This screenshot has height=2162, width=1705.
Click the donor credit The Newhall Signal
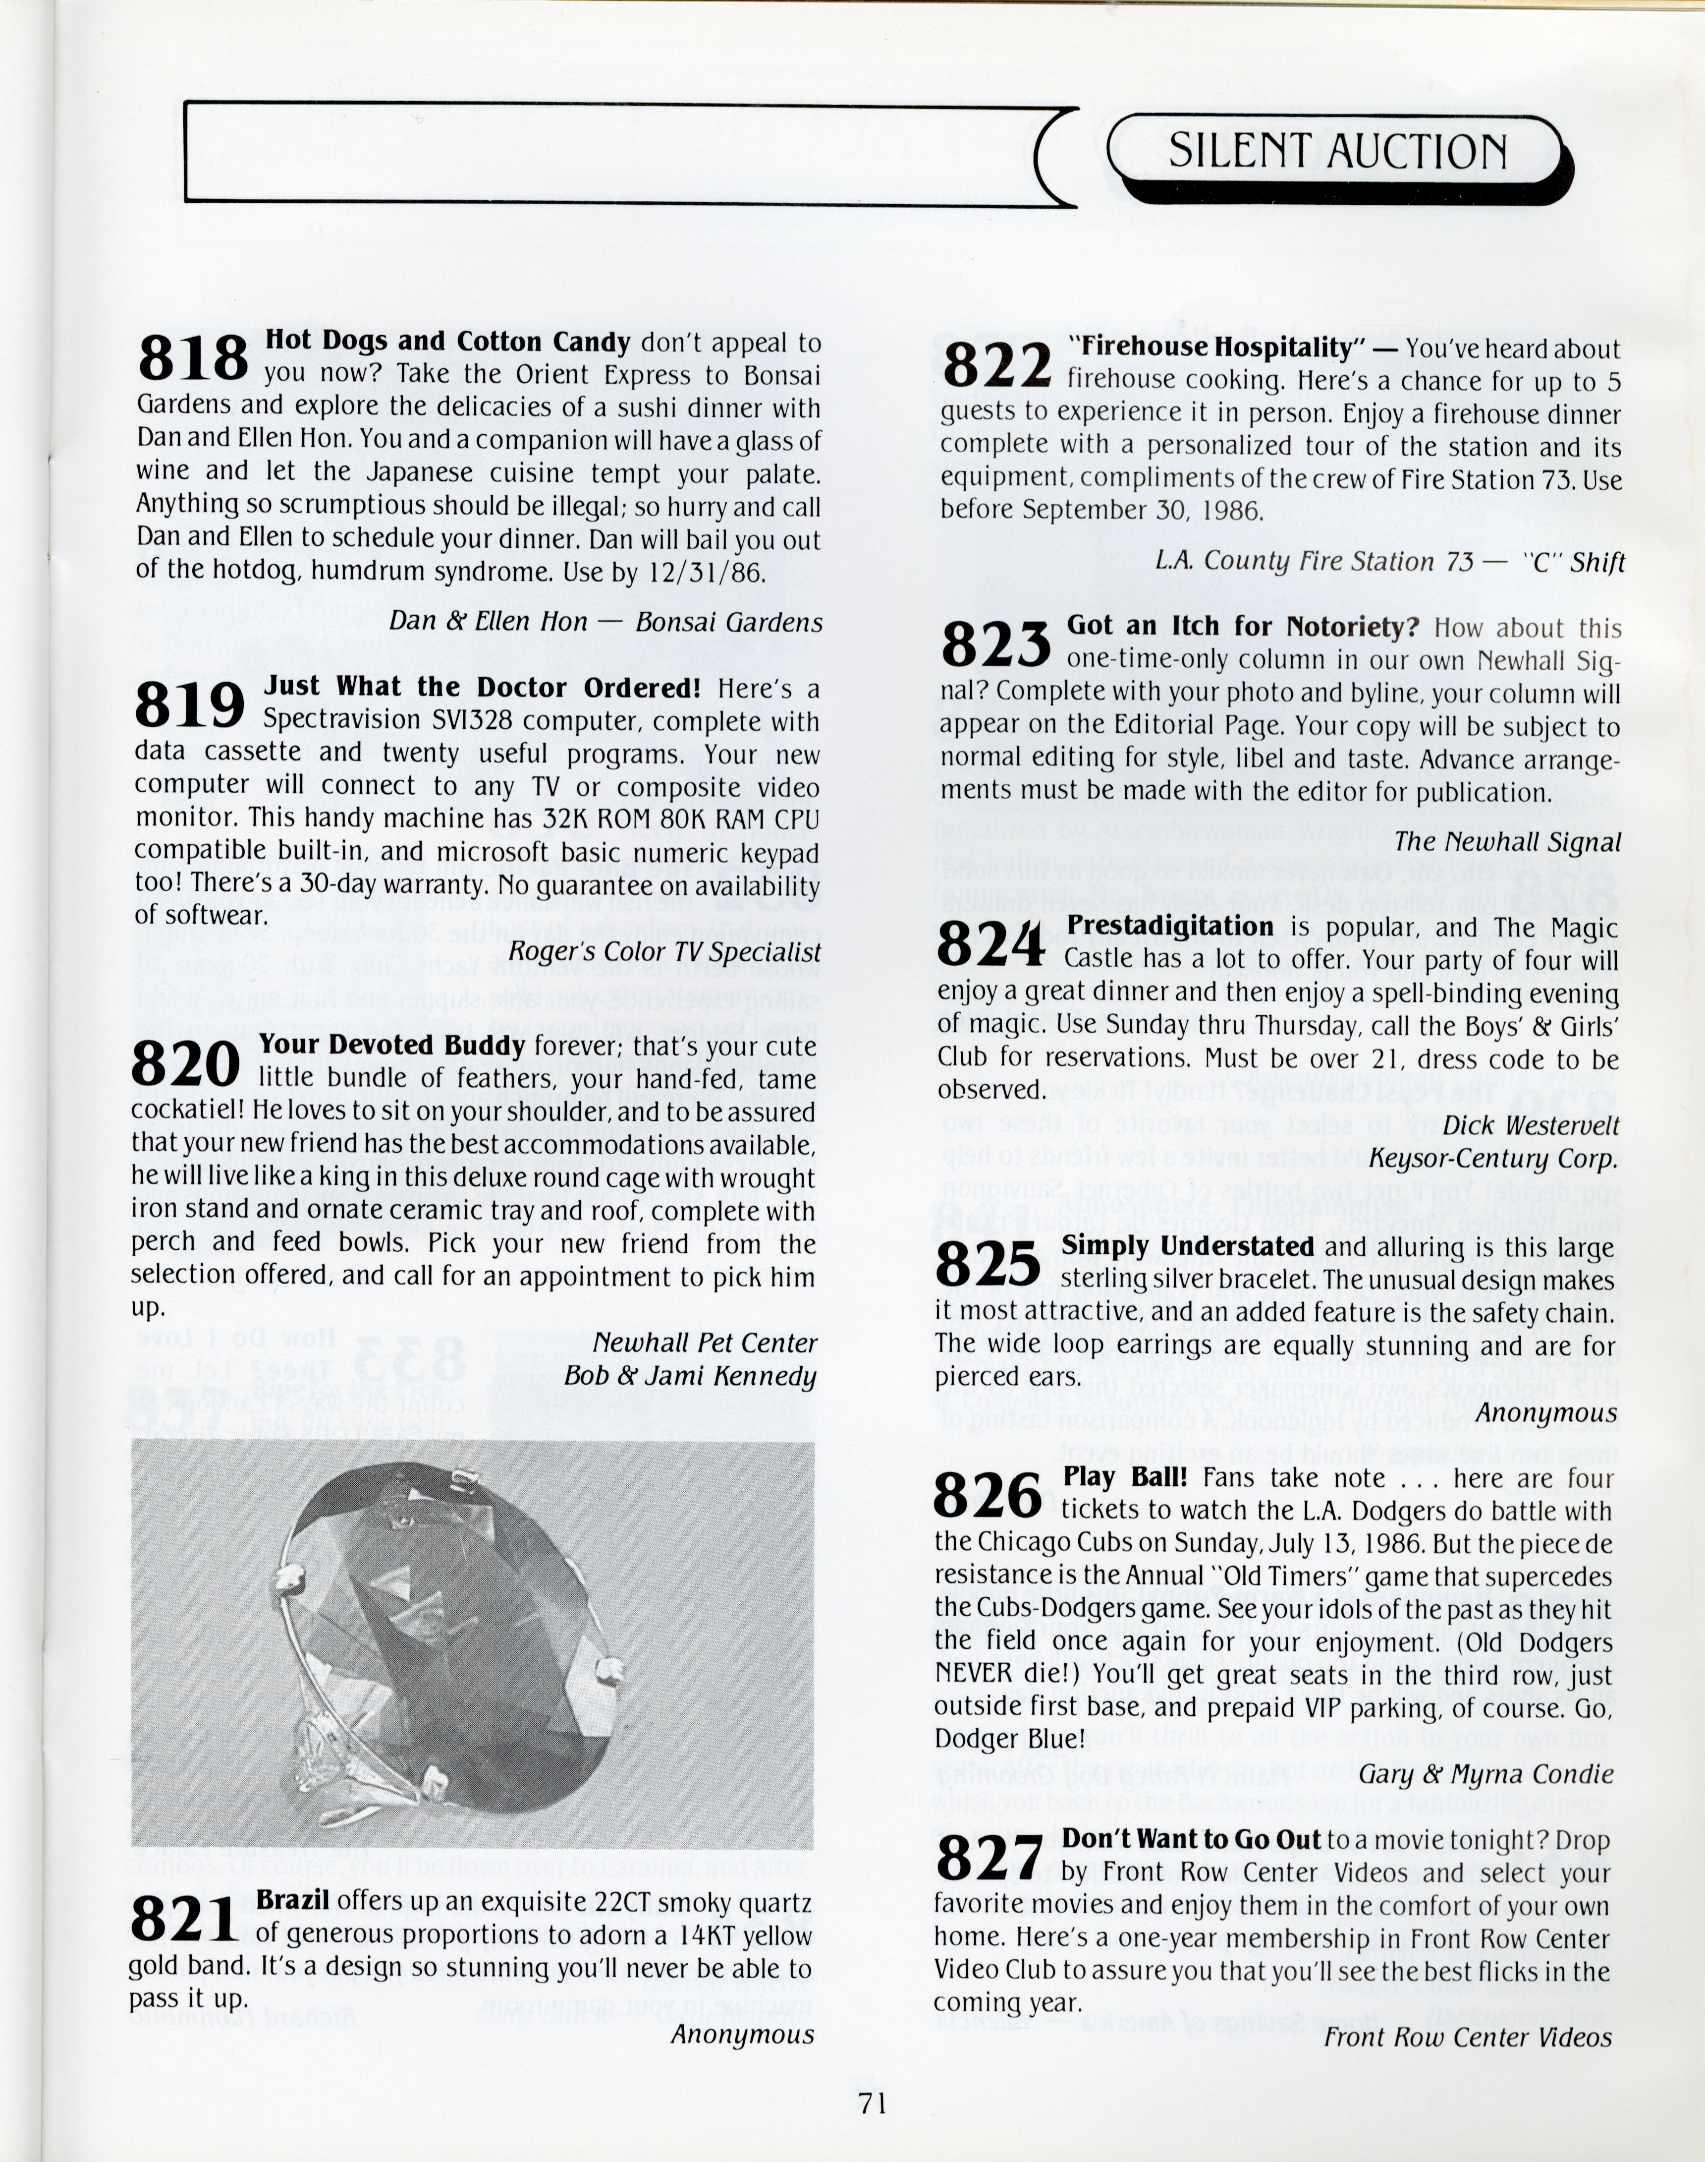(x=1507, y=842)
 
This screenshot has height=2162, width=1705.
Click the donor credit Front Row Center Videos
(x=1468, y=2037)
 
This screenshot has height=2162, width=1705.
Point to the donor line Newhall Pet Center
(x=705, y=1343)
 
